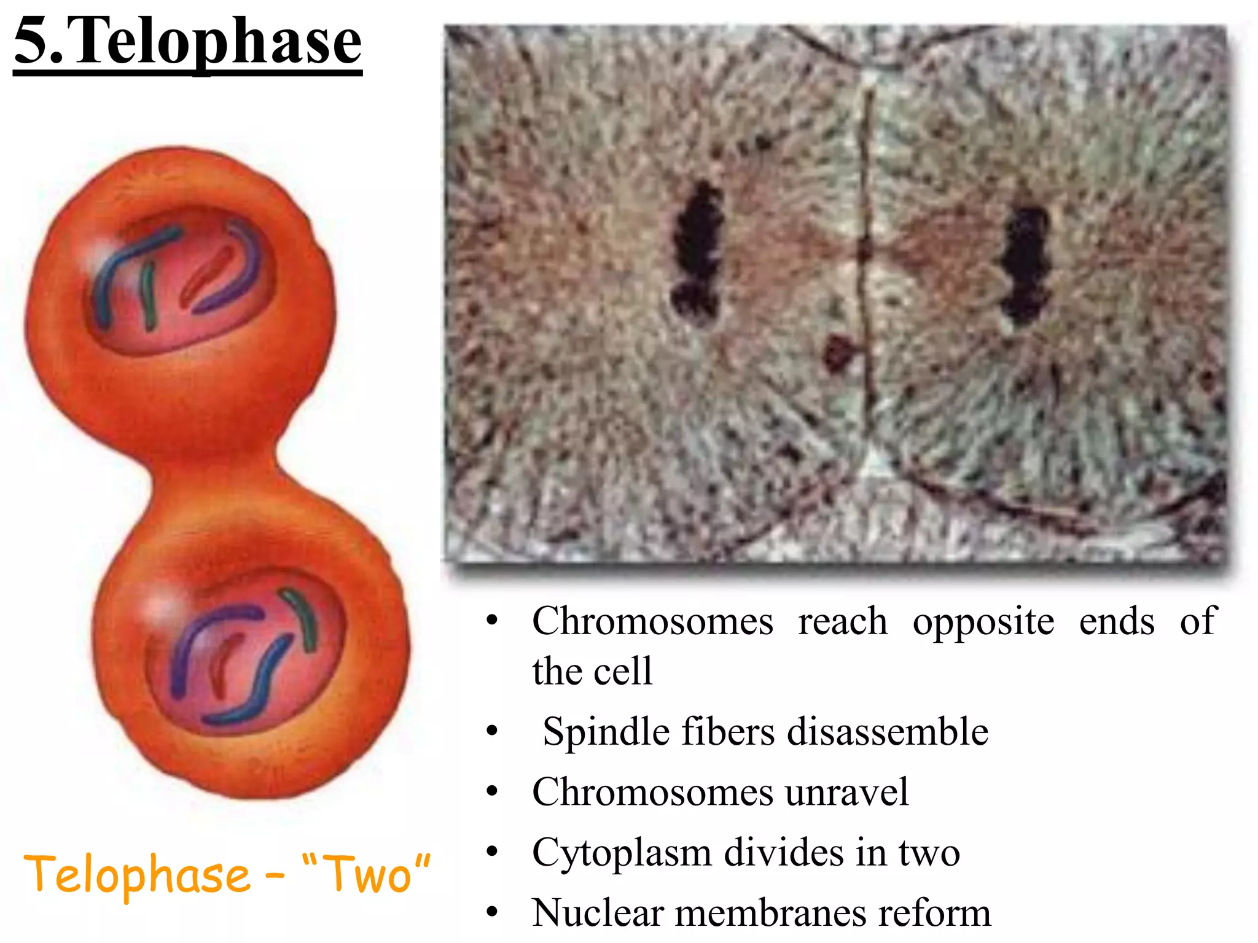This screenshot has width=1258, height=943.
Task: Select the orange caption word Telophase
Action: click(x=137, y=874)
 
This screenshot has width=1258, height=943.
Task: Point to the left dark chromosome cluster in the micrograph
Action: click(x=697, y=252)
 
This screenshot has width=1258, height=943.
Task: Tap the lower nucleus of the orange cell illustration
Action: click(x=246, y=654)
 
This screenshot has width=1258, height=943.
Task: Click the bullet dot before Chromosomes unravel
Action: click(x=491, y=792)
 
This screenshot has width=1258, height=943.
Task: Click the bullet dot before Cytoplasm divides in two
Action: click(x=491, y=852)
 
